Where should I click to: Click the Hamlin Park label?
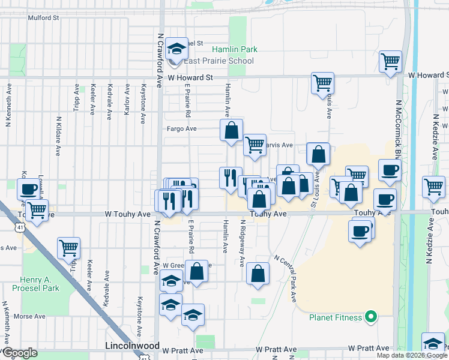coord(240,49)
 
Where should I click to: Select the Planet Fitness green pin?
coord(371,317)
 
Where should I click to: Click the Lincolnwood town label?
coord(131,346)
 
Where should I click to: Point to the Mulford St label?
coord(43,17)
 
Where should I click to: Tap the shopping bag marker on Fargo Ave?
coord(232,130)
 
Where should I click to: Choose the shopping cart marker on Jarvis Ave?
coord(255,144)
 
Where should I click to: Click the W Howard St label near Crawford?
coord(190,77)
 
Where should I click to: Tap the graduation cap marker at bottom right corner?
coord(433,344)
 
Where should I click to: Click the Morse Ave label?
coord(29,316)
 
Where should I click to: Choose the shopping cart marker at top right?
coord(390,61)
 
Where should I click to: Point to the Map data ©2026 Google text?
coord(412,355)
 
